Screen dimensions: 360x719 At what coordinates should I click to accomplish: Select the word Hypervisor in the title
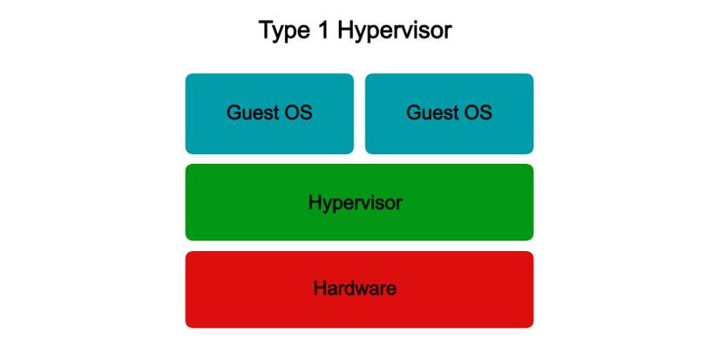tap(394, 31)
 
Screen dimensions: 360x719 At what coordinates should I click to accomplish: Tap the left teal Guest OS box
tap(269, 113)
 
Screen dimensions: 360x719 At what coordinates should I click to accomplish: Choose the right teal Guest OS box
tap(449, 113)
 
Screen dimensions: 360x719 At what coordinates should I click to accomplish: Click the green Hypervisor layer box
tap(359, 202)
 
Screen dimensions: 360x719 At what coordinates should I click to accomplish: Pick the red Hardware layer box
tap(359, 289)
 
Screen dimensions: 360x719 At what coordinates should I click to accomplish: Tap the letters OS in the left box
tap(298, 113)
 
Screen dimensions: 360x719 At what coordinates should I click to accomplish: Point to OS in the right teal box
tap(478, 113)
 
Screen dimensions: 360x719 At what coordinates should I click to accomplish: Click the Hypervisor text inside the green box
tap(356, 203)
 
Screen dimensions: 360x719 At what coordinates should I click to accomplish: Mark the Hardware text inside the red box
tap(355, 289)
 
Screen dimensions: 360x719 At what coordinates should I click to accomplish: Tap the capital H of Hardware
tap(320, 289)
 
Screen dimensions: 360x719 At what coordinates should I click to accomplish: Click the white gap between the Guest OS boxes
tap(359, 113)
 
